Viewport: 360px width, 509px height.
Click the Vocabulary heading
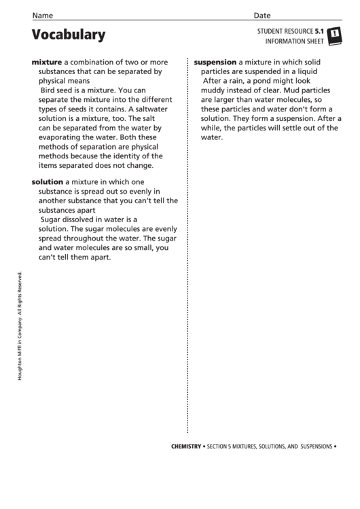[x=69, y=35]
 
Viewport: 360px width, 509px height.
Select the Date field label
[x=262, y=15]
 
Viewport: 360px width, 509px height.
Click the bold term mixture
[x=47, y=61]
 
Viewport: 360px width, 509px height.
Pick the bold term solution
[x=48, y=182]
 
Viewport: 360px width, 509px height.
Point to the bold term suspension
[x=215, y=61]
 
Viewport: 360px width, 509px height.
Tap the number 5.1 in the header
[x=319, y=31]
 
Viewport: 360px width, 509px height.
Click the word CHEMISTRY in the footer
[x=186, y=446]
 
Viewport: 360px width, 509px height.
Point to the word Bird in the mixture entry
[x=49, y=90]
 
